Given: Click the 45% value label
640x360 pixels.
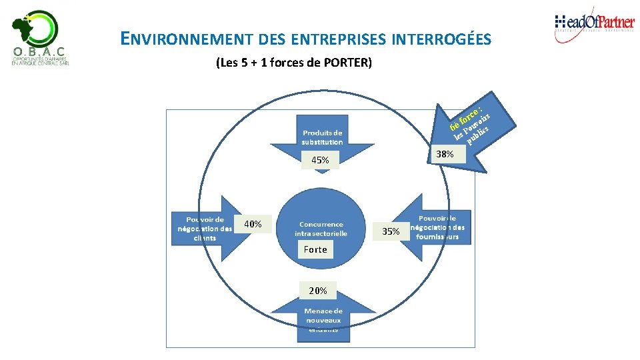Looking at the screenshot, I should tap(319, 160).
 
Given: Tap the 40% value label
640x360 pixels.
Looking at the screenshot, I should tap(253, 224).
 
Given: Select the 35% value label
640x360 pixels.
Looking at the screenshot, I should tap(391, 231).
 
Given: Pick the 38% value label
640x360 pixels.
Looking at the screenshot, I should tap(445, 154).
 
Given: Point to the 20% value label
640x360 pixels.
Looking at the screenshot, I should tap(318, 291).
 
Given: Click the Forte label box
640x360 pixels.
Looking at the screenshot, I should tap(315, 249).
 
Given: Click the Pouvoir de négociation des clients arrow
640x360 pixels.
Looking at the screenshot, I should tap(203, 228).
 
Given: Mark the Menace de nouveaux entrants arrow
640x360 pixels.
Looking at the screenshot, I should tap(323, 319).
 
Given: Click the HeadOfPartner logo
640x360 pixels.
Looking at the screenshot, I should tap(594, 25).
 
